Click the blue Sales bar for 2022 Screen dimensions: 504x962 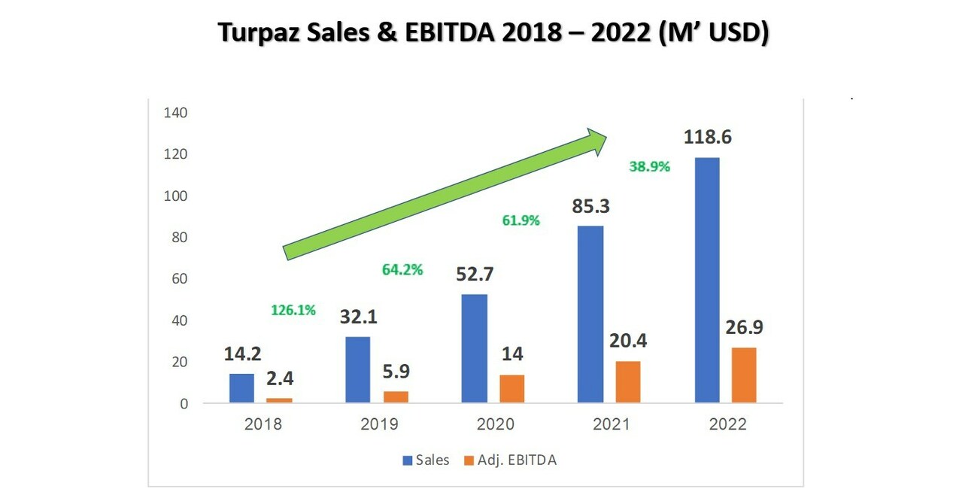706,280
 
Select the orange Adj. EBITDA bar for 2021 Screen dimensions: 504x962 627,382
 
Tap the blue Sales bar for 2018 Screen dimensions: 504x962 241,388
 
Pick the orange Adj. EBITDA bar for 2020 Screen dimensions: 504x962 511,389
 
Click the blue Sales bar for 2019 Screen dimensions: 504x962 357,369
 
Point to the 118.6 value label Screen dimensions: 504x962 707,138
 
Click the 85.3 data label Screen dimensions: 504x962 591,205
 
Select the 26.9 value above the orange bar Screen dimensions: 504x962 744,329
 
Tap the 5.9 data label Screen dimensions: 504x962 396,372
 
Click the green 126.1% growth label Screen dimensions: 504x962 293,310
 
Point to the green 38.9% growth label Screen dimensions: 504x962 649,167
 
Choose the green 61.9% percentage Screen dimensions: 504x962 520,221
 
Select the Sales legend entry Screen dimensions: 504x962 426,460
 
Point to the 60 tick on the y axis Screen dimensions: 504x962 178,279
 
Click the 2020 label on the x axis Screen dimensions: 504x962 495,424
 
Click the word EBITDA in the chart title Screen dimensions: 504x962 447,33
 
